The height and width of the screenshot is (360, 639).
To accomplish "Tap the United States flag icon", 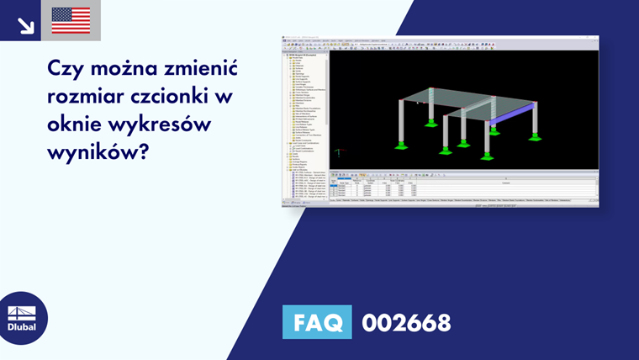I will click(x=71, y=20).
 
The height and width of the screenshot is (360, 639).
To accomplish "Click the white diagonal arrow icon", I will click(x=26, y=25).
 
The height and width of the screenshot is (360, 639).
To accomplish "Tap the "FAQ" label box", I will click(x=317, y=322).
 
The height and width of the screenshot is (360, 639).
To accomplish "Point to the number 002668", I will click(x=406, y=322).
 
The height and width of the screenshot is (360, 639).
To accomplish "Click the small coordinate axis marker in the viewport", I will click(x=338, y=153).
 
